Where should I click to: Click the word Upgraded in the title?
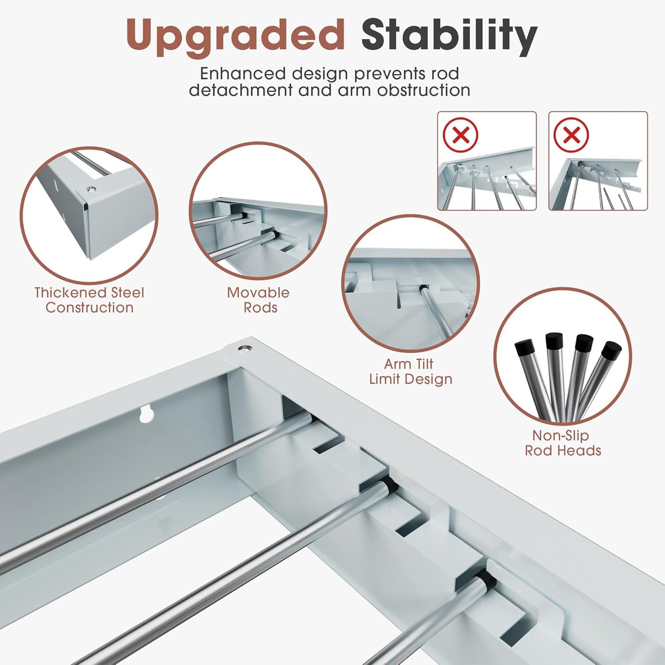[235, 35]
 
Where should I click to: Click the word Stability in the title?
[449, 35]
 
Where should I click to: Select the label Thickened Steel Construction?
[89, 300]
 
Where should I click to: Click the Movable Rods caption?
[258, 300]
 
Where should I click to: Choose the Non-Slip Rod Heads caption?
[563, 443]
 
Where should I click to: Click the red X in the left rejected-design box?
[460, 135]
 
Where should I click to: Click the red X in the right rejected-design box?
[571, 135]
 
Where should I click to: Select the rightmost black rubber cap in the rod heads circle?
[612, 351]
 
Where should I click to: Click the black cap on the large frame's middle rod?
[390, 485]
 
